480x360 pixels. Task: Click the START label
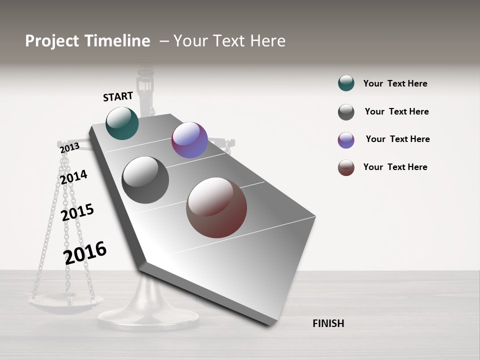click(x=118, y=96)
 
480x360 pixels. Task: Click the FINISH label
click(x=328, y=323)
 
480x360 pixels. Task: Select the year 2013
click(x=69, y=147)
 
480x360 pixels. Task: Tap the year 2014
click(x=73, y=177)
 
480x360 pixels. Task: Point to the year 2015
click(x=77, y=212)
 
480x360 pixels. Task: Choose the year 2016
click(x=85, y=252)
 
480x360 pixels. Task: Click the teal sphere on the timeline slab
click(x=122, y=123)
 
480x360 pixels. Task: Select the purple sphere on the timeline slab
click(x=189, y=140)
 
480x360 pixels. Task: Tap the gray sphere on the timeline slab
click(x=145, y=180)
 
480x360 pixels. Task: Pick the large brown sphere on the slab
click(x=216, y=207)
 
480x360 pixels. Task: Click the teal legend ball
click(x=346, y=83)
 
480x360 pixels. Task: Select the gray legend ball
click(x=346, y=112)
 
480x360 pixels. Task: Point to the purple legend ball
click(x=346, y=140)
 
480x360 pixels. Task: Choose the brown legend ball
click(x=346, y=167)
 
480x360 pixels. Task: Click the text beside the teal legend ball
click(x=395, y=83)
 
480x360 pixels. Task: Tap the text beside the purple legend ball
click(x=397, y=139)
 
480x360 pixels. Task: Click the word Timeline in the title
click(x=116, y=41)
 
